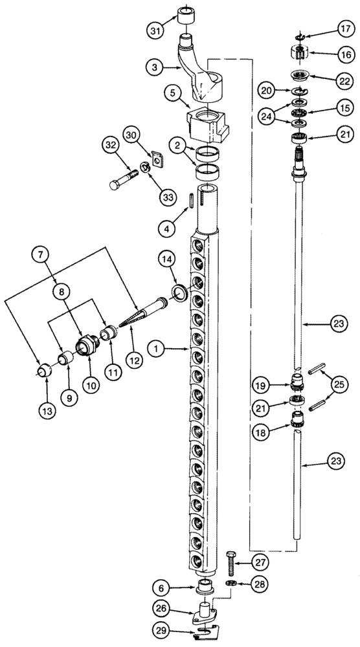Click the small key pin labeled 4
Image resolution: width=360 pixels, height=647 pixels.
tap(192, 200)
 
